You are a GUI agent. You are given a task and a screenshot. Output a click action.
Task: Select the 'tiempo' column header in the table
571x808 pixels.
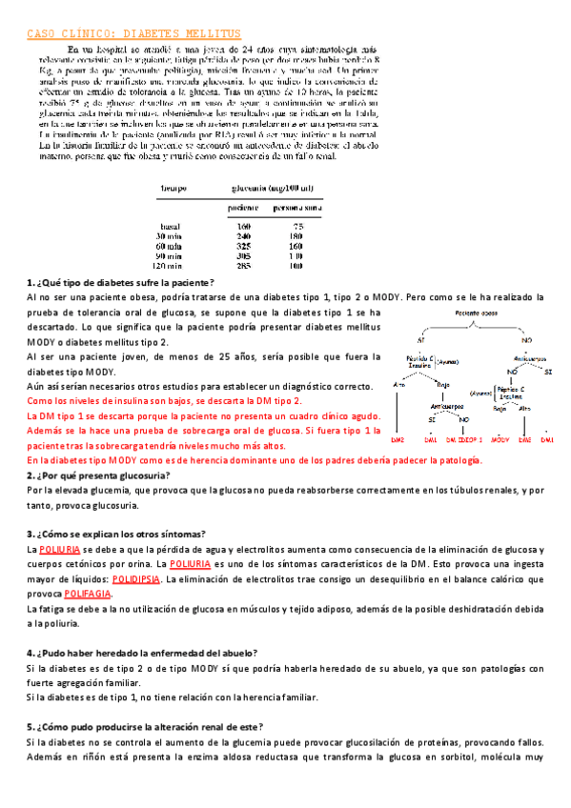(x=173, y=189)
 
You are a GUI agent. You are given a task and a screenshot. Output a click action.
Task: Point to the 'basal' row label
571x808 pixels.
(x=170, y=225)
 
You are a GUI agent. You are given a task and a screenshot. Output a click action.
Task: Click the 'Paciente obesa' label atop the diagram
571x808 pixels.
(x=475, y=312)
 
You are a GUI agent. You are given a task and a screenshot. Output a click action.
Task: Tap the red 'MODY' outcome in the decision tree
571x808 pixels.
(x=500, y=440)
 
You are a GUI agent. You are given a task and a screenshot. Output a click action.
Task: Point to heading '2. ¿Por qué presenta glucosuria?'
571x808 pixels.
(x=99, y=475)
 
